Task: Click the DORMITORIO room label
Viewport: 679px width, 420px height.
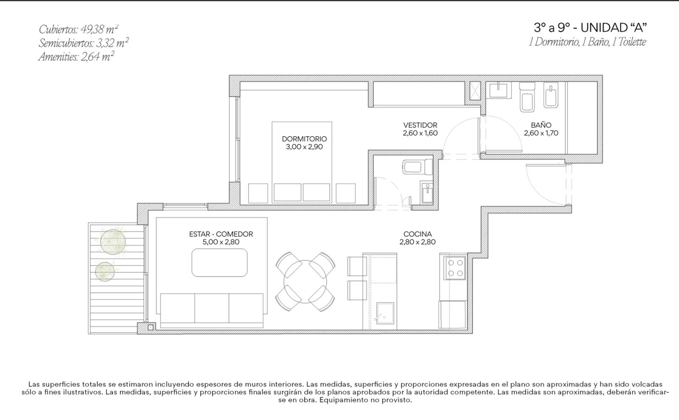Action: (304, 139)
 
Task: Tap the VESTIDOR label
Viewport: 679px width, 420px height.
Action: (420, 125)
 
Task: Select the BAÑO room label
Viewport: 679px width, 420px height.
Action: (541, 125)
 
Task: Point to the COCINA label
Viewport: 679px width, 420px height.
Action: (418, 234)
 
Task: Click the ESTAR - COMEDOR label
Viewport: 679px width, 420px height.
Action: (221, 234)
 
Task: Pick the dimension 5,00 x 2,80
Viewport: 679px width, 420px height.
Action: (221, 242)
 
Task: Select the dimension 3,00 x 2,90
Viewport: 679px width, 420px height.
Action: (304, 147)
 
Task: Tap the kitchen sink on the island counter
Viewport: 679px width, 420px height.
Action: (385, 313)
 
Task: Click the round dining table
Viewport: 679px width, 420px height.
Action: (305, 282)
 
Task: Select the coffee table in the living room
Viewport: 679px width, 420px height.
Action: (219, 263)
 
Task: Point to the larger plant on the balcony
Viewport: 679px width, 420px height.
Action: (113, 241)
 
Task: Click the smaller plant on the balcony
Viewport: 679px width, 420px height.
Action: (105, 272)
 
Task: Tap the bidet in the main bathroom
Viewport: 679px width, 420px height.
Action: (550, 95)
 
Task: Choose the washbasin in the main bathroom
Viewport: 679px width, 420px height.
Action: (498, 90)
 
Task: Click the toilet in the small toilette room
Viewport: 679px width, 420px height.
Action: (417, 167)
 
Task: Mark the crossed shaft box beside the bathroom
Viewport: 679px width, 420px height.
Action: (475, 91)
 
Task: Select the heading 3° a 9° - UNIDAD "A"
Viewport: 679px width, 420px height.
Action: (590, 28)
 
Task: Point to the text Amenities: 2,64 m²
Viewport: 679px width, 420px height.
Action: (76, 57)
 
